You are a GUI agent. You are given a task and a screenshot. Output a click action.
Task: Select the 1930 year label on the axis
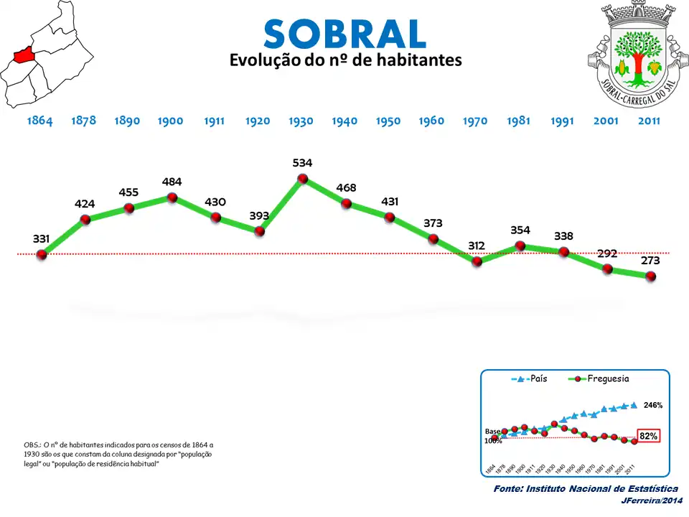coord(301,121)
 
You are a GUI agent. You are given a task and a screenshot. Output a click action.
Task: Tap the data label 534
coord(302,163)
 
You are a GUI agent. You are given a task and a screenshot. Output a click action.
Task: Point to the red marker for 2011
coord(651,276)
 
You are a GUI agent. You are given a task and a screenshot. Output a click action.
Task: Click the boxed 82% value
coord(648,436)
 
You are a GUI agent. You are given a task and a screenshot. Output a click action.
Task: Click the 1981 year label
coord(518,121)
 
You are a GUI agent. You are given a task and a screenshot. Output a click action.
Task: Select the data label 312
coord(477,246)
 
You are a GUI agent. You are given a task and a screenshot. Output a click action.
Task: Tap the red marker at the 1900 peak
coord(172,197)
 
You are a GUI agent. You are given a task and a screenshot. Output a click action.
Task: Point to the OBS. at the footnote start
coord(32,445)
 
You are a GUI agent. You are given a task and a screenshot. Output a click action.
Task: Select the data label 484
coord(172,182)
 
